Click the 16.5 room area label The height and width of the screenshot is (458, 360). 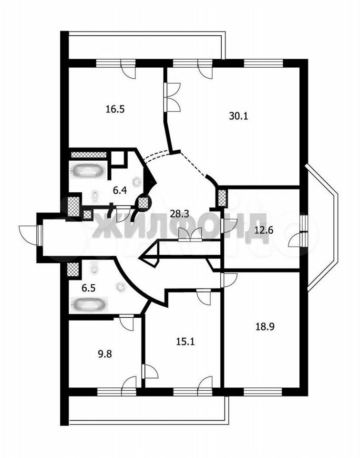click(x=115, y=109)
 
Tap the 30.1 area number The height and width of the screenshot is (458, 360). click(x=238, y=116)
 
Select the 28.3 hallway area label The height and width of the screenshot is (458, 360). click(x=179, y=214)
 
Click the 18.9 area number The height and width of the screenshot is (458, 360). click(x=265, y=326)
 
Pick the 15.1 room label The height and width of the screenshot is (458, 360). click(x=185, y=341)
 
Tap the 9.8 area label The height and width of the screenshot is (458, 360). click(x=104, y=354)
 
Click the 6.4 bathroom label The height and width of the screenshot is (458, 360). click(x=120, y=191)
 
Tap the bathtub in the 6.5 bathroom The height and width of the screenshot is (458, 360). click(x=89, y=304)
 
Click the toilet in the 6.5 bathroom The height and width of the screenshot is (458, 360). click(x=94, y=267)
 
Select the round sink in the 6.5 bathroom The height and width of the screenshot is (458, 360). click(x=121, y=287)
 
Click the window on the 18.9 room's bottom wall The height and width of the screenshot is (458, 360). click(x=263, y=392)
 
